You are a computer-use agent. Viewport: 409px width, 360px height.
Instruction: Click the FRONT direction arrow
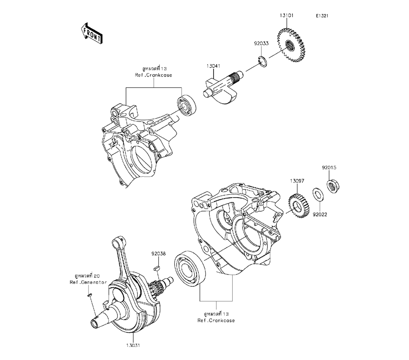pyautogui.click(x=92, y=34)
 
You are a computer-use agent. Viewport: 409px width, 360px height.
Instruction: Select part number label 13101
pyautogui.click(x=286, y=16)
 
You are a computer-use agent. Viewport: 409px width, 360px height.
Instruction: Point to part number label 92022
pyautogui.click(x=321, y=214)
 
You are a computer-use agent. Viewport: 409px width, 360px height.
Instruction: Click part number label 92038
pyautogui.click(x=158, y=254)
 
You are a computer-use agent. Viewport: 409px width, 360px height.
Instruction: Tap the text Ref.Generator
pyautogui.click(x=88, y=282)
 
